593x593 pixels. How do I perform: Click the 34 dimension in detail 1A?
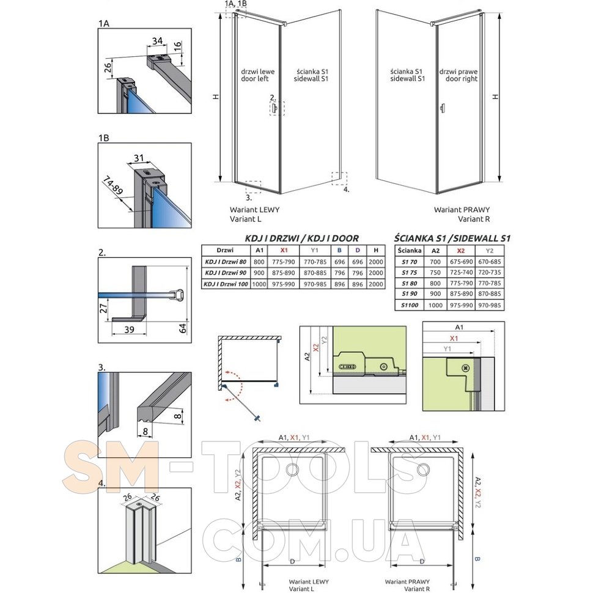point(157,40)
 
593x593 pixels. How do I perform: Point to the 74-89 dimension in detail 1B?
point(112,185)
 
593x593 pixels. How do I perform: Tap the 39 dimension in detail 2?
point(130,330)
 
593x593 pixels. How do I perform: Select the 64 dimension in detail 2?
point(183,328)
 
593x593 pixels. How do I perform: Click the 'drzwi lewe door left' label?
point(258,75)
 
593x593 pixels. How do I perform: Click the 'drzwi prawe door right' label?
point(459,75)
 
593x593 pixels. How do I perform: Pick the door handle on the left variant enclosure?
point(275,109)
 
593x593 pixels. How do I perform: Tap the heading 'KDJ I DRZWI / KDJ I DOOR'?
point(302,238)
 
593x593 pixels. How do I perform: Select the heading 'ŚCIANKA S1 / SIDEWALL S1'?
point(452,238)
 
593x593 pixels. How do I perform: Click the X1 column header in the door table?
point(284,250)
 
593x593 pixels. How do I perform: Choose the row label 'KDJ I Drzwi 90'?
point(226,273)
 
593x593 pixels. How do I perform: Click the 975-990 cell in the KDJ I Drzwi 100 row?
point(284,284)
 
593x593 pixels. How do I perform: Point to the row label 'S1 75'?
point(409,272)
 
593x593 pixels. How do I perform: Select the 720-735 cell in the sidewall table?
point(489,272)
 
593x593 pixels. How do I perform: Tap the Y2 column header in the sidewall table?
point(489,251)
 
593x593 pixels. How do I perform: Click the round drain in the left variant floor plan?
point(292,470)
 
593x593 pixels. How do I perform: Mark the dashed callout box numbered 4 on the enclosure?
point(339,179)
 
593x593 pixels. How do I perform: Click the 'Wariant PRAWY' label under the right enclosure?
point(462,210)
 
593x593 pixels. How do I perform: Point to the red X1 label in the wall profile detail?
point(454,338)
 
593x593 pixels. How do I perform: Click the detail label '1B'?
point(104,138)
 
